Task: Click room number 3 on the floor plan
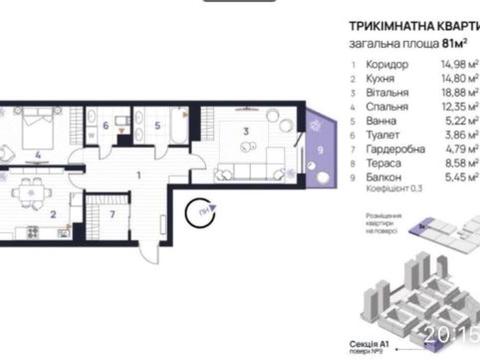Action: (245, 130)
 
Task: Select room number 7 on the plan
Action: (113, 215)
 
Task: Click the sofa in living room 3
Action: (240, 170)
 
